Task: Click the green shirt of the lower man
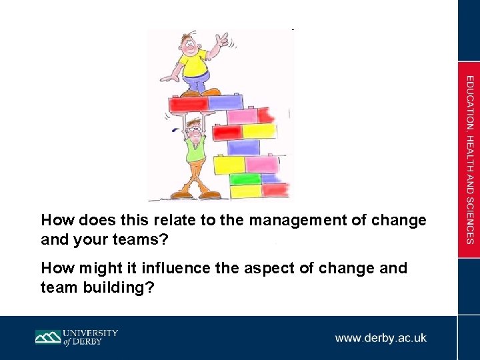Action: tap(195, 150)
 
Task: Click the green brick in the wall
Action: tap(244, 179)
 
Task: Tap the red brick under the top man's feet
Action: tap(189, 104)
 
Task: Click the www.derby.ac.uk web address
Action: tap(381, 338)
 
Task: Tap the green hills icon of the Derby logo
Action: tap(48, 337)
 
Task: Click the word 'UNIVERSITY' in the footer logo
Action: tap(91, 333)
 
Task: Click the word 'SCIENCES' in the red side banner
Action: tap(470, 220)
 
